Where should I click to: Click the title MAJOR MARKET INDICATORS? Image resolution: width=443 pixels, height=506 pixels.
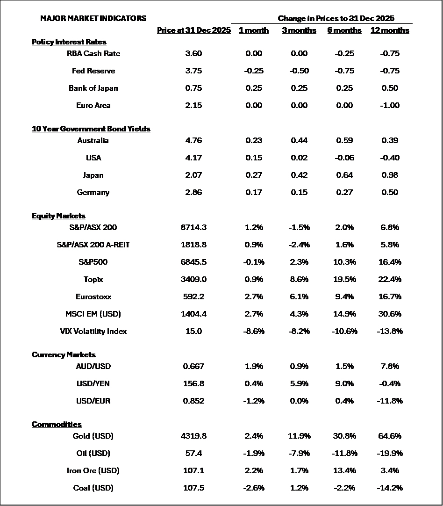click(93, 19)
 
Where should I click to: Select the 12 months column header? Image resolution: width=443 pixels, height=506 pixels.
click(390, 30)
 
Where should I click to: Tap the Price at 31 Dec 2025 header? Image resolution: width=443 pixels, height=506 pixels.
click(194, 30)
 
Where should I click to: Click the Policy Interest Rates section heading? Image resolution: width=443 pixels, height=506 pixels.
click(69, 42)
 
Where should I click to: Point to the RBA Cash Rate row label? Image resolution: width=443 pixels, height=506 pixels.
click(93, 54)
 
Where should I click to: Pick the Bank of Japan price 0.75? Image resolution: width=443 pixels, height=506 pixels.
click(193, 88)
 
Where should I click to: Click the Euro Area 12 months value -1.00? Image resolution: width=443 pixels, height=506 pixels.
click(390, 106)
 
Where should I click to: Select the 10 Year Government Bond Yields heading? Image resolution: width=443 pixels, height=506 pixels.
click(91, 129)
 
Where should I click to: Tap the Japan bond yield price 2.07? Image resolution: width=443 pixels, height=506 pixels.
click(193, 175)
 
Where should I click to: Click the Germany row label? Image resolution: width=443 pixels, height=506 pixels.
click(93, 193)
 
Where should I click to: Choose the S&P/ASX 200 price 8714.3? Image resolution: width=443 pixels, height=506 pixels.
click(193, 228)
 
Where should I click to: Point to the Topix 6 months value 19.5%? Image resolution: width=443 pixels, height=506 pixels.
click(344, 280)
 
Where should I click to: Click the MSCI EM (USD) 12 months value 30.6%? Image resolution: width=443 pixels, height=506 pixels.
click(390, 314)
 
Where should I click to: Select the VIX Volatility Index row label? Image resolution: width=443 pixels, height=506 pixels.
click(93, 332)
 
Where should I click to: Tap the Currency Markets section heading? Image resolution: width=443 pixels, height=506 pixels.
click(64, 355)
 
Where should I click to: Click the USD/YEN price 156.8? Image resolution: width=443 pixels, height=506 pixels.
click(193, 384)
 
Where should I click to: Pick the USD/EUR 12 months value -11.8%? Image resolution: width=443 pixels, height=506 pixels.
click(390, 401)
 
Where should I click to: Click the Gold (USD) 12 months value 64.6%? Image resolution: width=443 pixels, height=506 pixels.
click(390, 436)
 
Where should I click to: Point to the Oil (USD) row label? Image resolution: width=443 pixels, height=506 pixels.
click(93, 454)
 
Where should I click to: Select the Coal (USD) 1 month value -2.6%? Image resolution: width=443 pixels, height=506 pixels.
click(254, 488)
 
